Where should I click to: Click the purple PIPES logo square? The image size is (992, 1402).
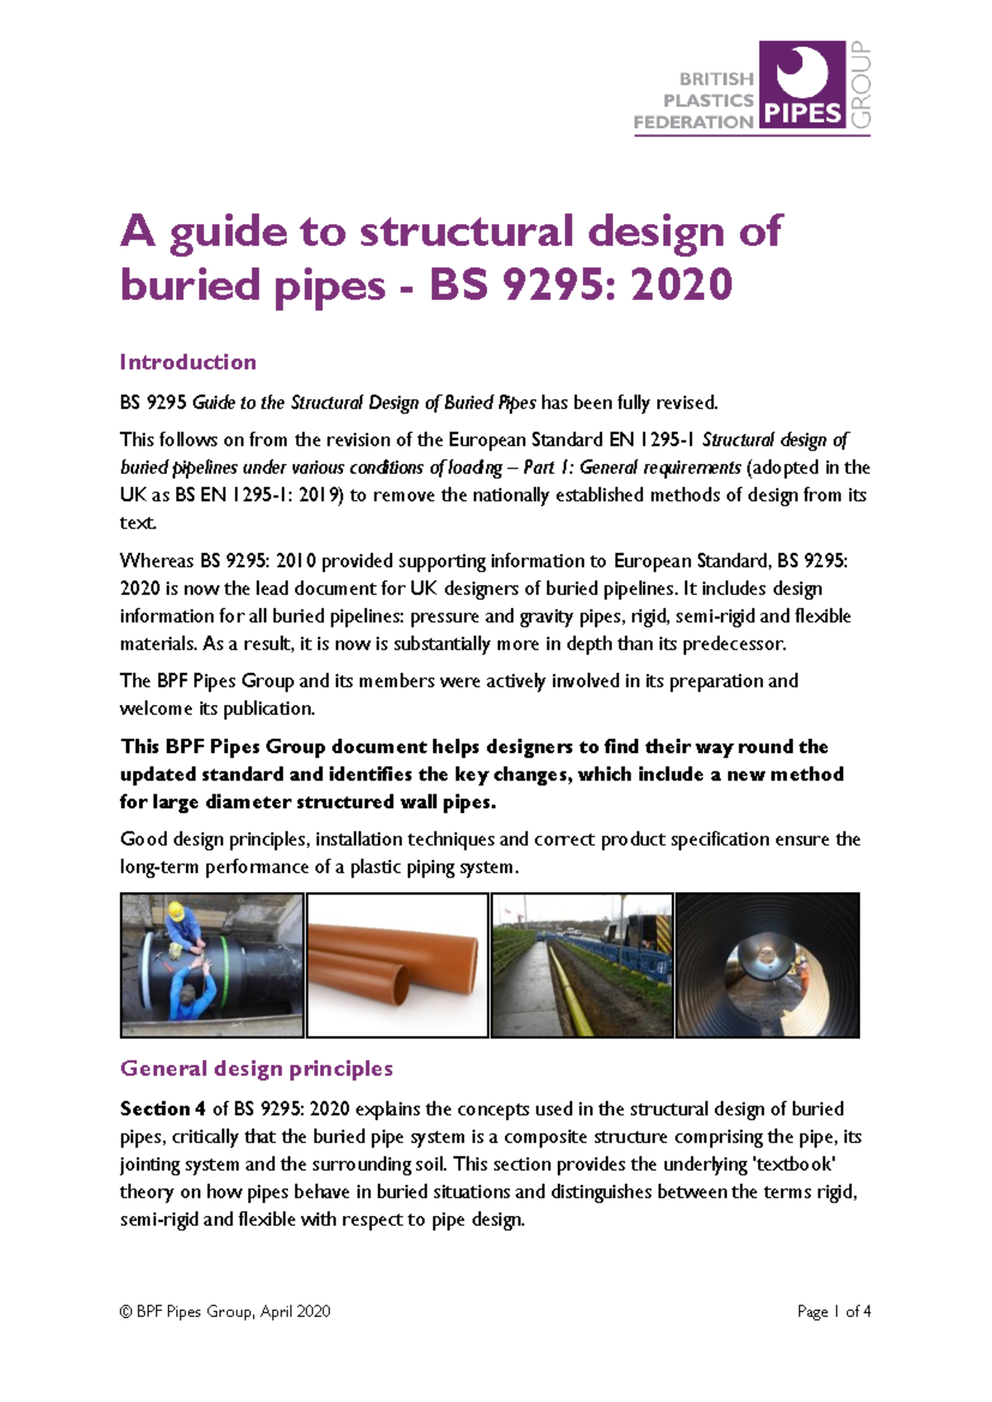coord(801,84)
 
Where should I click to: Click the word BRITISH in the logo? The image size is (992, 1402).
coord(716,79)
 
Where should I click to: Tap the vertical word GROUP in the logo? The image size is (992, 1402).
coord(861,84)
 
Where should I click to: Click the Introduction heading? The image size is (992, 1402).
coord(188,362)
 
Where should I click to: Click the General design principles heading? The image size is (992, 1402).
coord(256,1069)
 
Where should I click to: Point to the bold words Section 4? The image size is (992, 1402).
coord(162,1109)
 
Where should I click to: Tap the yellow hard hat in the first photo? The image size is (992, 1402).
coord(176,912)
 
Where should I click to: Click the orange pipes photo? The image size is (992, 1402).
coord(398,965)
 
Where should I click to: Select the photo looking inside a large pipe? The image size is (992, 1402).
coord(767,965)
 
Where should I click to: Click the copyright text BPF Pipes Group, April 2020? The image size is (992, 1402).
coord(225,1311)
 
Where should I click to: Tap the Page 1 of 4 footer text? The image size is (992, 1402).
coord(833,1311)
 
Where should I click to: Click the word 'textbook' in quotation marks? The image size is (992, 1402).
coord(794,1164)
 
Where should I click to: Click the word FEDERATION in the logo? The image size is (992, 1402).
coord(693,122)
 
